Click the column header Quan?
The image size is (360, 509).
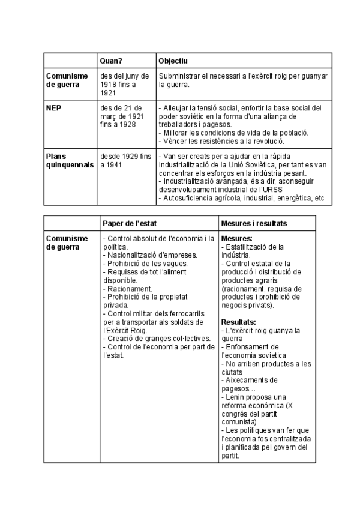click(x=112, y=61)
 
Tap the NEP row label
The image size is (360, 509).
click(x=54, y=108)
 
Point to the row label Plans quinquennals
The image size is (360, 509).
click(x=70, y=160)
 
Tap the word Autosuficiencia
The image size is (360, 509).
click(x=189, y=198)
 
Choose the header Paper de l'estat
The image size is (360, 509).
click(x=130, y=223)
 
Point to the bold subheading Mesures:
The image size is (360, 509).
click(x=236, y=239)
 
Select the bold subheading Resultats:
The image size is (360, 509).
click(x=239, y=322)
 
